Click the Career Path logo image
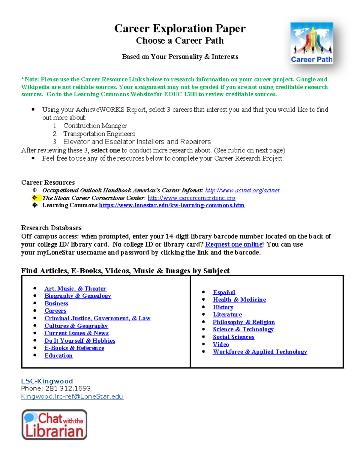(x=312, y=43)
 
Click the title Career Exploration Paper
(x=180, y=29)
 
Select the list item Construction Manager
(x=95, y=126)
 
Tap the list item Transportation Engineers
(x=99, y=134)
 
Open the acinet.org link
(x=242, y=190)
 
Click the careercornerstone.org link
(x=191, y=198)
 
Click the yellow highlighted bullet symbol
(x=35, y=198)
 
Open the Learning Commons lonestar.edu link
(x=172, y=205)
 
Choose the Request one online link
(x=234, y=244)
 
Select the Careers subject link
(x=55, y=311)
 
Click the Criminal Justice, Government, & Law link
(x=97, y=318)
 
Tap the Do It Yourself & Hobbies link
(x=80, y=341)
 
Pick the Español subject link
(x=224, y=292)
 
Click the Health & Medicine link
(x=239, y=300)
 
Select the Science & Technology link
(x=243, y=329)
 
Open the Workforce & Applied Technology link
(x=260, y=352)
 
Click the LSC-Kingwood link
(x=47, y=381)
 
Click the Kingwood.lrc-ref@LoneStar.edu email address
(x=72, y=396)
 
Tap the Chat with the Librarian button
(x=54, y=425)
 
